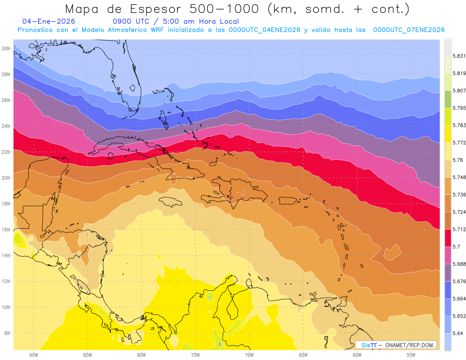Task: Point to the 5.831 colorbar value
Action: pos(459,56)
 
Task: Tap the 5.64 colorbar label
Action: pos(457,333)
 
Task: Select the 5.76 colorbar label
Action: pos(457,160)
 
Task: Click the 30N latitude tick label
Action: pos(6,48)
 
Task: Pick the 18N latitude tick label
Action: pos(6,203)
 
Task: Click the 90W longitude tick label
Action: pos(33,355)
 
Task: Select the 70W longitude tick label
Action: pos(249,355)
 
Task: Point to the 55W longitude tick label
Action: pos(411,355)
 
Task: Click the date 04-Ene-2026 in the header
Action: pos(49,21)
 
